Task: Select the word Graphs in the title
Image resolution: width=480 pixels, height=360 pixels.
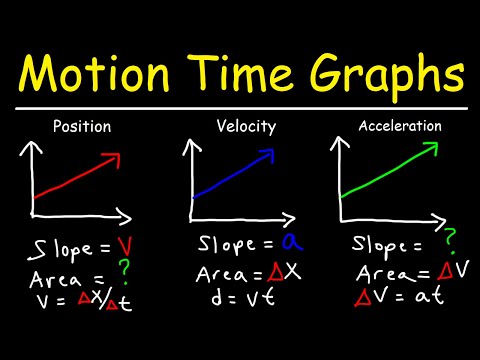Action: pos(391,75)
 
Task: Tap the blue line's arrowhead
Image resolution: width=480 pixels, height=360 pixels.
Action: pos(271,155)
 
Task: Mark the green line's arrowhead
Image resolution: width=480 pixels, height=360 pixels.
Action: pos(431,147)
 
